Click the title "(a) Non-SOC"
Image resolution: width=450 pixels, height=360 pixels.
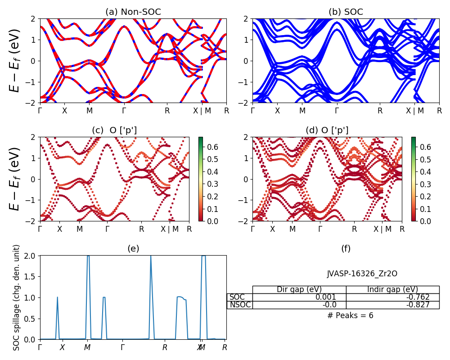(133, 12)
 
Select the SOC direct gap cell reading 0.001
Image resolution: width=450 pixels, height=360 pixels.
(300, 297)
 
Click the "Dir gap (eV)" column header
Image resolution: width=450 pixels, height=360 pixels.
(300, 289)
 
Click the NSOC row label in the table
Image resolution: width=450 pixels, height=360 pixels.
(240, 305)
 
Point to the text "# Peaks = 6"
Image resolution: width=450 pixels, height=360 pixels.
(350, 315)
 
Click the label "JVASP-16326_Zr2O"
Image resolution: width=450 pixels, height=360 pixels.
(362, 274)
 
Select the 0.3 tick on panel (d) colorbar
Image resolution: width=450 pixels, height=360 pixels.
(425, 184)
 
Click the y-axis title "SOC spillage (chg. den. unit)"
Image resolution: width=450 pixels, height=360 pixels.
(17, 297)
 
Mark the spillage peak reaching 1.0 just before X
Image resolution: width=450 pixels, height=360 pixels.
(58, 297)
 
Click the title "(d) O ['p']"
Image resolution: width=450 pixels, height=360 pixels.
(327, 130)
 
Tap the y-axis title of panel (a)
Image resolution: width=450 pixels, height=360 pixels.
(15, 61)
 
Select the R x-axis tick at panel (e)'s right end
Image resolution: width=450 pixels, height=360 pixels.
(225, 347)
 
